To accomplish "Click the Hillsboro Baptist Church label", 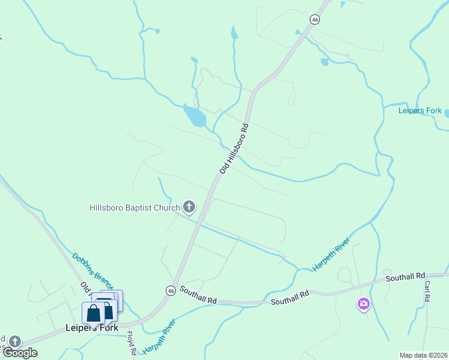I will tap(134, 208).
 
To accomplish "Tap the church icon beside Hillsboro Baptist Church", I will tap(189, 208).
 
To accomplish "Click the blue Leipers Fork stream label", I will tap(420, 110).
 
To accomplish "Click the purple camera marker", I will tap(363, 304).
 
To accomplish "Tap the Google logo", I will tap(20, 353).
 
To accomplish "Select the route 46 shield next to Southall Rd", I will tap(171, 290).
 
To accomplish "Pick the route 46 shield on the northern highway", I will tap(315, 20).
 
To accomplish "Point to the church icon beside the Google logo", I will tap(14, 341).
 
